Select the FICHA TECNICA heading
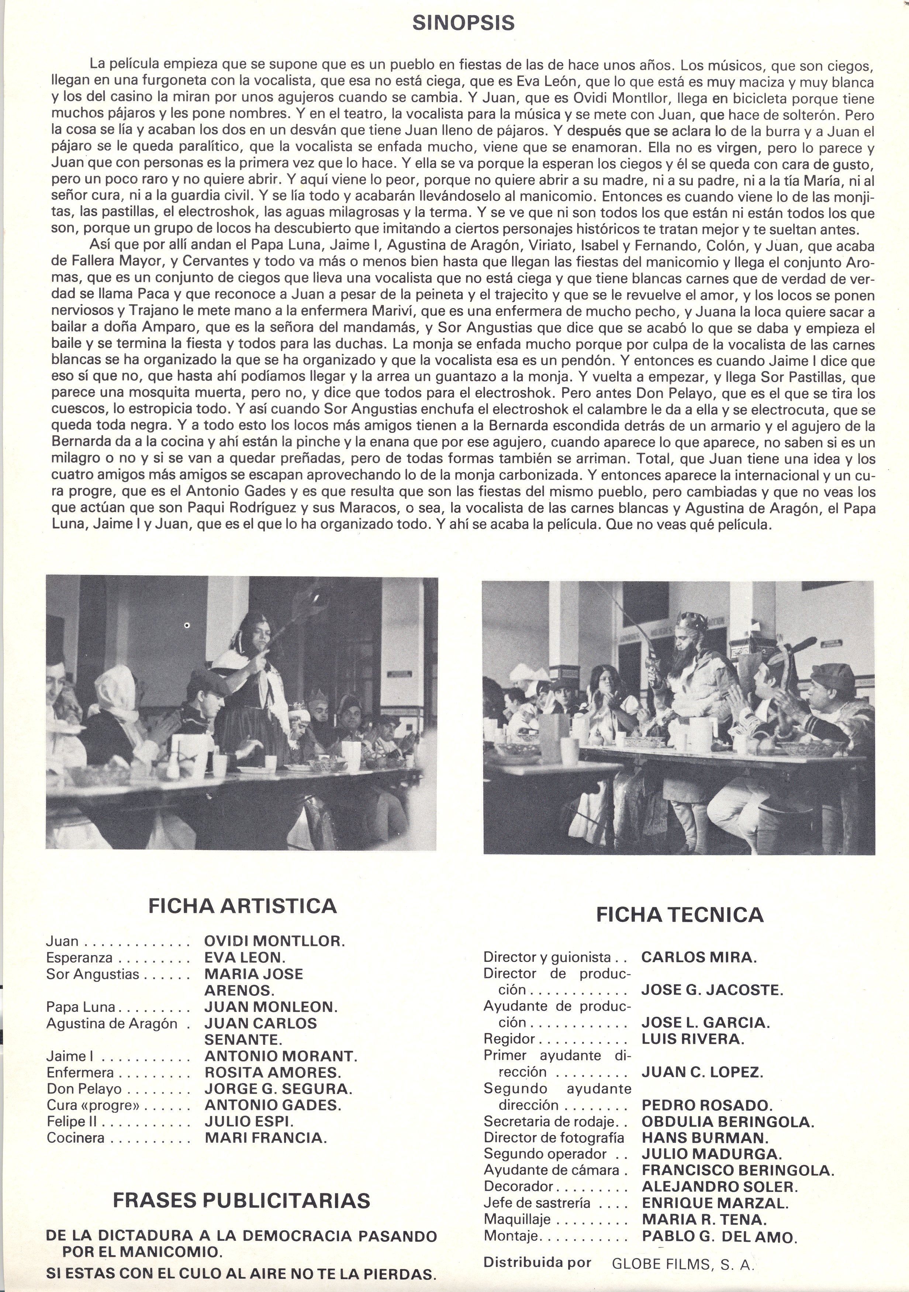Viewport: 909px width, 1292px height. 680,915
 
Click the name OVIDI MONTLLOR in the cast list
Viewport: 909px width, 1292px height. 274,941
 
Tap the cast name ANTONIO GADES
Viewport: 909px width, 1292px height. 272,1105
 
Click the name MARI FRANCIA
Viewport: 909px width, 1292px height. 266,1138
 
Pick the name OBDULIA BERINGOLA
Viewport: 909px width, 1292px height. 727,1121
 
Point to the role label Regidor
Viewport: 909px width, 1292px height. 509,1039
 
